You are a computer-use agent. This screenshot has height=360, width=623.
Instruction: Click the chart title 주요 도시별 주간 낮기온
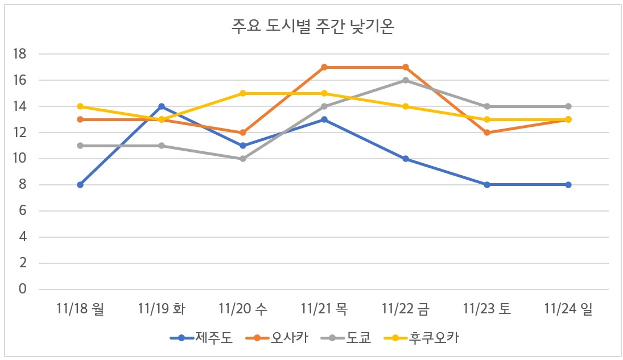(x=312, y=27)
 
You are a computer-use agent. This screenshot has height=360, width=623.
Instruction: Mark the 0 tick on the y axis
(x=23, y=289)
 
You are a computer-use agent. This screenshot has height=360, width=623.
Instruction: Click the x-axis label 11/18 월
(x=80, y=309)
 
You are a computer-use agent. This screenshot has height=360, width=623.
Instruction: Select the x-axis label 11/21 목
(x=324, y=309)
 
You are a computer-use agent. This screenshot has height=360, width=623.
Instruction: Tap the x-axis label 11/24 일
(x=568, y=309)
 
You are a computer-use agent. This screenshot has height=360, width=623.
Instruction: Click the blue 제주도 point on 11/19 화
(x=162, y=106)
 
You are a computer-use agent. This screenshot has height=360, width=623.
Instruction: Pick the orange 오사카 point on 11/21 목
(x=324, y=67)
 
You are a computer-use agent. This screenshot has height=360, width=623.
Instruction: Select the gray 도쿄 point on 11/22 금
(x=406, y=80)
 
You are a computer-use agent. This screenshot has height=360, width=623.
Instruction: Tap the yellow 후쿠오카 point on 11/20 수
(x=243, y=93)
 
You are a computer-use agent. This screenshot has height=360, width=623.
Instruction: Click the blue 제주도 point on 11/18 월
(x=80, y=185)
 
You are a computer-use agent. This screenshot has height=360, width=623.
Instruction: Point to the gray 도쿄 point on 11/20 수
(x=243, y=159)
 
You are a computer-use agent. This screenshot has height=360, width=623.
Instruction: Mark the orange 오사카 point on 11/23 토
(x=487, y=133)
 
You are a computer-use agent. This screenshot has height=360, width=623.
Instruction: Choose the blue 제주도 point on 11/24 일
(x=568, y=185)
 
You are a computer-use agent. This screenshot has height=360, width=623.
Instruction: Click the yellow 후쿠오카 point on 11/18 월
(x=80, y=106)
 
